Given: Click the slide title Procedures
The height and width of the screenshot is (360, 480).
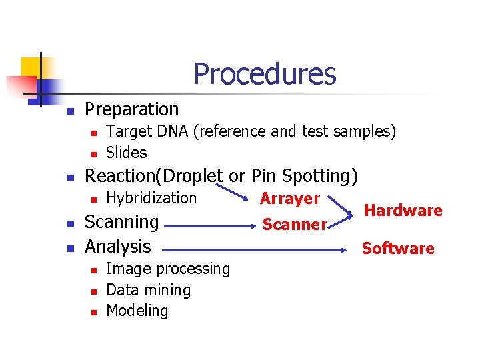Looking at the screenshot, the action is pyautogui.click(x=265, y=74).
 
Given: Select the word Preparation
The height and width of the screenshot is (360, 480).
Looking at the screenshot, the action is pyautogui.click(x=132, y=109).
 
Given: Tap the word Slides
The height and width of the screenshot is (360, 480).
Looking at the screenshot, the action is pyautogui.click(x=126, y=153).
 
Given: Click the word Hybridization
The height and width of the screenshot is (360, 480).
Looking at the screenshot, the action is pyautogui.click(x=151, y=198).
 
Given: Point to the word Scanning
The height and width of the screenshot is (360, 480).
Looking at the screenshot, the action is pyautogui.click(x=121, y=222).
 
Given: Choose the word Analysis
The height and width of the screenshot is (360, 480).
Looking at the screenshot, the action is pyautogui.click(x=118, y=247).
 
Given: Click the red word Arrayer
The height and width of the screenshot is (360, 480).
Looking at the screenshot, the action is pyautogui.click(x=290, y=199).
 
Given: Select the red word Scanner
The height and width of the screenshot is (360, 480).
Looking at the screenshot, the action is pyautogui.click(x=294, y=225).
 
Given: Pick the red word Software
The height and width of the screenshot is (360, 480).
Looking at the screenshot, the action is pyautogui.click(x=397, y=249).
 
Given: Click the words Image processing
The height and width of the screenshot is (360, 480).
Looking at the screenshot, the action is pyautogui.click(x=168, y=269).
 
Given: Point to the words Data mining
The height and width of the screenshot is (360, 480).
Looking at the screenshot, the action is pyautogui.click(x=148, y=290).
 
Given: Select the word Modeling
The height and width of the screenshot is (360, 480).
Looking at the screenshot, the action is pyautogui.click(x=137, y=311).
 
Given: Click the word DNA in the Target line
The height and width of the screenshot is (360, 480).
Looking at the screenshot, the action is pyautogui.click(x=173, y=131).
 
